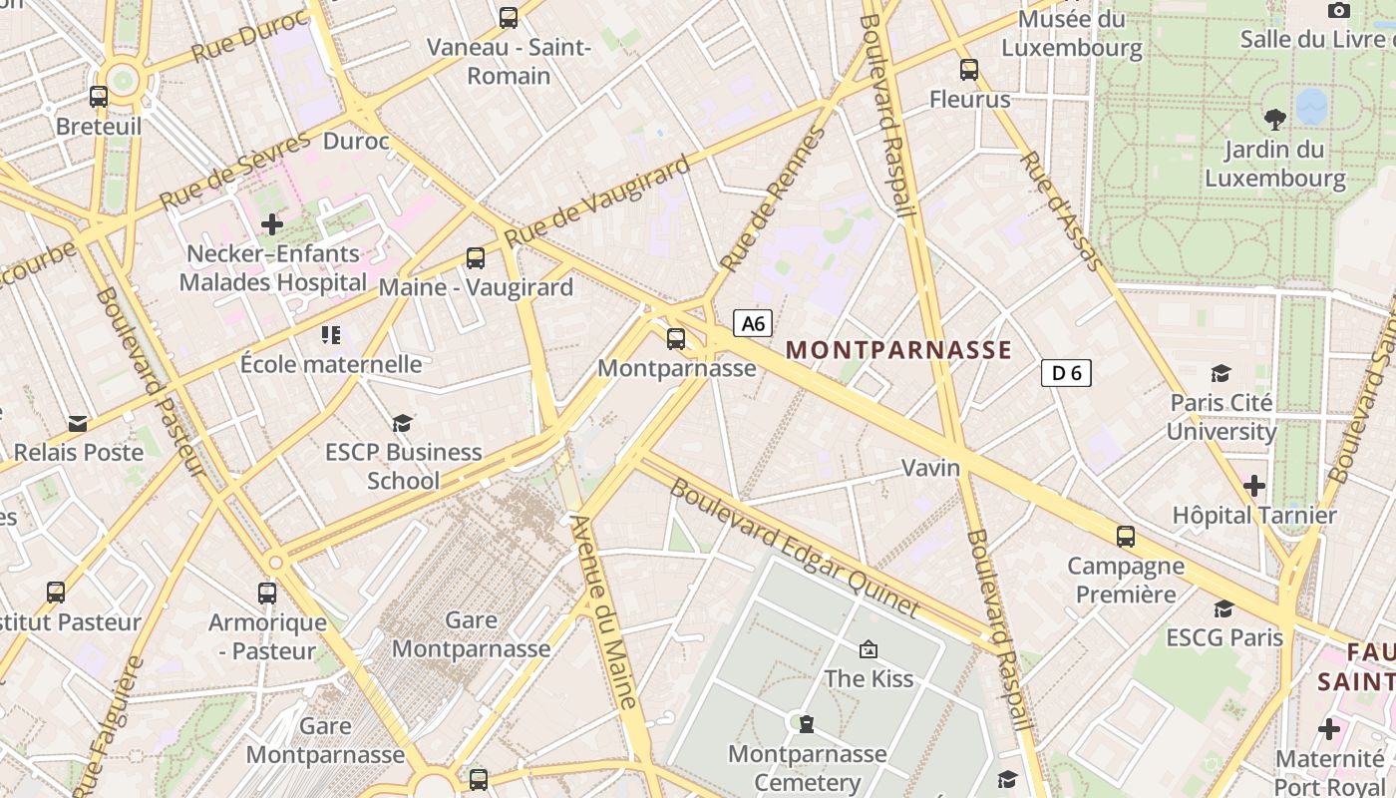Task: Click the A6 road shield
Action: click(x=753, y=323)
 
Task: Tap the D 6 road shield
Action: click(x=1066, y=373)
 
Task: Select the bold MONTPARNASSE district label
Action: click(x=898, y=350)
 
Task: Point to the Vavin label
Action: click(x=930, y=467)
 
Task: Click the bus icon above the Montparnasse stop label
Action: click(x=676, y=339)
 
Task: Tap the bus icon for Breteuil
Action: click(x=99, y=97)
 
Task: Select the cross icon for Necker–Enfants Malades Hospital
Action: click(x=272, y=224)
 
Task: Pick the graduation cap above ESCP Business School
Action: click(x=402, y=424)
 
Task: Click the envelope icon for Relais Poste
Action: click(x=78, y=424)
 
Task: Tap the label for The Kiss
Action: click(x=869, y=678)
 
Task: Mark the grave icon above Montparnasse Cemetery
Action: click(x=806, y=723)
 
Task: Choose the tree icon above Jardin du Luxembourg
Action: click(x=1274, y=121)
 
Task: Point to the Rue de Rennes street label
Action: click(x=774, y=199)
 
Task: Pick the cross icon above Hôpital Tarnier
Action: click(x=1254, y=487)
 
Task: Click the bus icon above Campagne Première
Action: click(x=1126, y=537)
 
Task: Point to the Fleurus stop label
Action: click(x=969, y=99)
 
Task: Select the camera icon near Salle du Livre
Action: click(x=1339, y=11)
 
